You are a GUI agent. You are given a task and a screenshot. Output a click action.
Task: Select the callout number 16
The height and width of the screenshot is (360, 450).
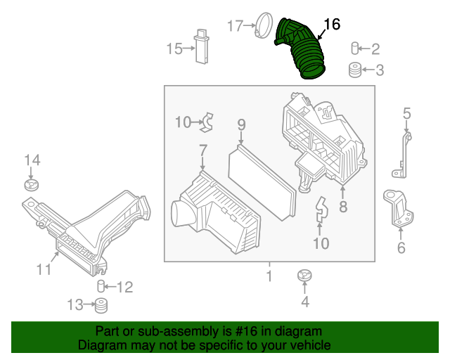click(x=331, y=25)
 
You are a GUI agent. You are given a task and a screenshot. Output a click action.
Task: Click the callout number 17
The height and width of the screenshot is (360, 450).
click(x=235, y=26)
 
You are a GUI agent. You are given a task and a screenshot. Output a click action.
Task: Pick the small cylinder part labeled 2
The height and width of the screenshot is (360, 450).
click(x=356, y=49)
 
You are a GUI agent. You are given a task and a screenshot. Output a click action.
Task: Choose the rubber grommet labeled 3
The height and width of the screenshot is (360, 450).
click(x=356, y=70)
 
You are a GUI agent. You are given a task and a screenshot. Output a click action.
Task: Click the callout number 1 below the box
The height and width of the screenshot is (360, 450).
click(x=269, y=276)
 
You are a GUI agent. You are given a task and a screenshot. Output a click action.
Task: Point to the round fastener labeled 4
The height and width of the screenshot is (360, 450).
click(x=304, y=275)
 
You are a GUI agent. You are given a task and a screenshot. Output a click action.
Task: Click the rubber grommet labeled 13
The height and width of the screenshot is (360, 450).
click(x=101, y=306)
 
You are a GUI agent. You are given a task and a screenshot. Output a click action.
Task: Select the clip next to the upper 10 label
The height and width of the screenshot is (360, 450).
click(x=206, y=123)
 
